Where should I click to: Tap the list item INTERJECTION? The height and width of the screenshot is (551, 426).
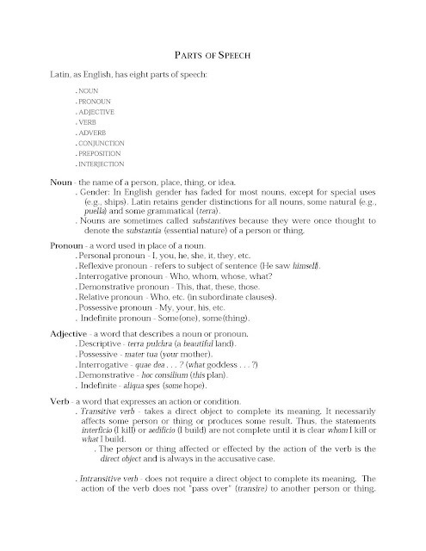[102, 163]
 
